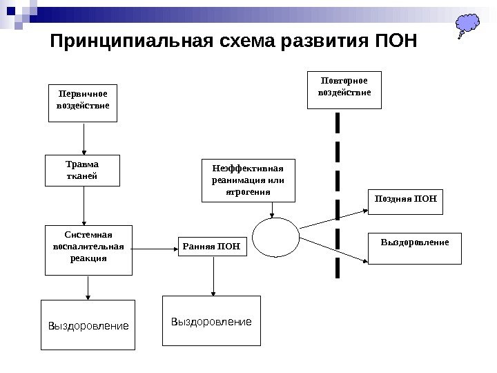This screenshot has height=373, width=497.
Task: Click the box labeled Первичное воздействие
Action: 83,102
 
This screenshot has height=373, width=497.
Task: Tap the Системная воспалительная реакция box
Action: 88,249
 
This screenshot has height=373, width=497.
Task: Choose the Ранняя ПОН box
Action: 213,245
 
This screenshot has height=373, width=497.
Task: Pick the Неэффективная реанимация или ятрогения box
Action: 248,180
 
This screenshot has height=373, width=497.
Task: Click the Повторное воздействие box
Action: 344,89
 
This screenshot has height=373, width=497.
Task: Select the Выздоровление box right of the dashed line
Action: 414,248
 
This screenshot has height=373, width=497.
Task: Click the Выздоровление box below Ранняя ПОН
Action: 211,321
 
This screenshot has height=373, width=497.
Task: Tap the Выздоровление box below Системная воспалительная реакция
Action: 88,324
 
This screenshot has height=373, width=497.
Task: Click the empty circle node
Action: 275,237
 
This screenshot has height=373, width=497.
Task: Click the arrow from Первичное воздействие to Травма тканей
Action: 84,138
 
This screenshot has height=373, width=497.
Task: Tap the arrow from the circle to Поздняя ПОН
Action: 331,218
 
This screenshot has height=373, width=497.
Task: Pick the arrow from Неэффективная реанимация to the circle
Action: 274,209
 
